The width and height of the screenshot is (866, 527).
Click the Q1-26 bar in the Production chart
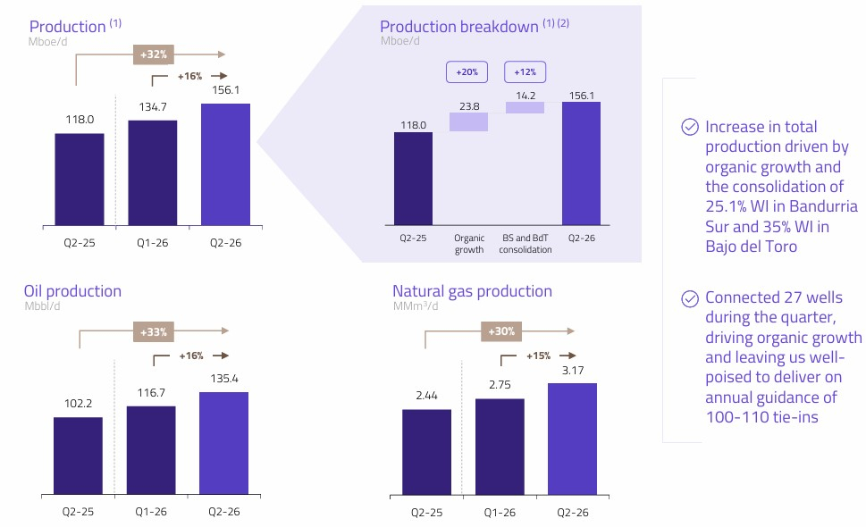(153, 172)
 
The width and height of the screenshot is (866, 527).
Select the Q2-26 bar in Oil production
(223, 443)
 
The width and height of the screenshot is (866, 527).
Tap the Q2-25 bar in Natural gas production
(426, 452)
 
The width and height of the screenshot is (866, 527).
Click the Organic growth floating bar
(468, 122)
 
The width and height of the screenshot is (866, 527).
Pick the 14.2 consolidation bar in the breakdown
(525, 107)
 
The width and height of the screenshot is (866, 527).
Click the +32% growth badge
(154, 54)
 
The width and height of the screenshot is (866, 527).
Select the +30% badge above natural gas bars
(501, 331)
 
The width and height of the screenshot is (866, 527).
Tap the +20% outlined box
(467, 71)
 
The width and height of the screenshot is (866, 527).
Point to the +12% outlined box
(525, 71)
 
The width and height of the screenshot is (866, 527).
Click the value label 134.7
(153, 107)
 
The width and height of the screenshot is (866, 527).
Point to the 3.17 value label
(573, 371)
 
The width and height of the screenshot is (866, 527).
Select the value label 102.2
(78, 404)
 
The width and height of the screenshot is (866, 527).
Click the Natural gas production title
(472, 291)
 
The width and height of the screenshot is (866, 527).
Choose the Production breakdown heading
(459, 27)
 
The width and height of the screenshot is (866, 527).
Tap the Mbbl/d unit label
(43, 305)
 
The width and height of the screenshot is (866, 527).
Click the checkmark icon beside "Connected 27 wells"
(690, 298)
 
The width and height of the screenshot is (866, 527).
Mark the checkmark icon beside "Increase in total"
(690, 127)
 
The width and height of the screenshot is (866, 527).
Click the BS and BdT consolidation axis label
(525, 243)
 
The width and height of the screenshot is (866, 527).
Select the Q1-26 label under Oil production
(151, 512)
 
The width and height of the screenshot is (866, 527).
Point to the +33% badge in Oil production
(154, 332)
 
